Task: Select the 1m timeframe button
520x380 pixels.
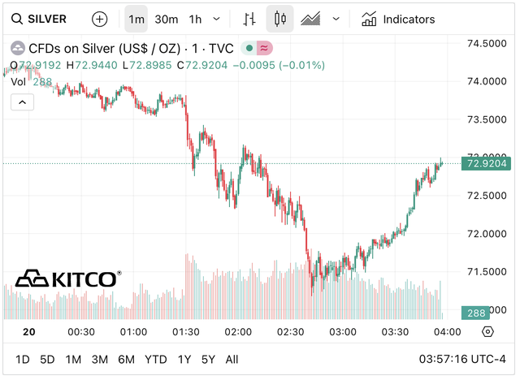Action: (136, 19)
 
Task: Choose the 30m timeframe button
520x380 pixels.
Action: (166, 19)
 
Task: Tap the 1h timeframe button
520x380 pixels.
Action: (195, 19)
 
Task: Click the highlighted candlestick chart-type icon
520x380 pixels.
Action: (280, 19)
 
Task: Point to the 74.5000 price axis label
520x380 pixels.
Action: (487, 43)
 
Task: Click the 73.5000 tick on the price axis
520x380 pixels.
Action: (487, 119)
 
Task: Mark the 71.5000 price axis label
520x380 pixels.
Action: (487, 271)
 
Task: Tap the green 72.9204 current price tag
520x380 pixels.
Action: (487, 164)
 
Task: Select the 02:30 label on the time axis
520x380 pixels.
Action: (290, 332)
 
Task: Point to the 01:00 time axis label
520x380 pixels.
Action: (133, 332)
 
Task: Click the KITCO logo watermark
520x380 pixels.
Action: (68, 279)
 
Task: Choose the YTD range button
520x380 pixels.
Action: (155, 359)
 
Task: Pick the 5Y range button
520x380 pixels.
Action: (208, 359)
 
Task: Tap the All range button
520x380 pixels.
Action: (232, 359)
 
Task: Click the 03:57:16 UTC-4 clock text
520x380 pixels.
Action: (461, 359)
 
